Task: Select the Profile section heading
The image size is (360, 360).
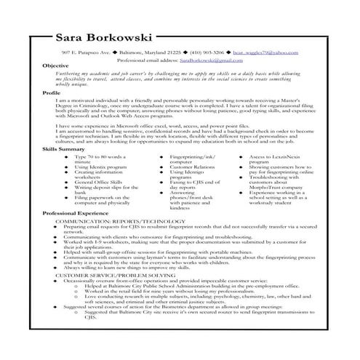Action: pyautogui.click(x=52, y=93)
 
